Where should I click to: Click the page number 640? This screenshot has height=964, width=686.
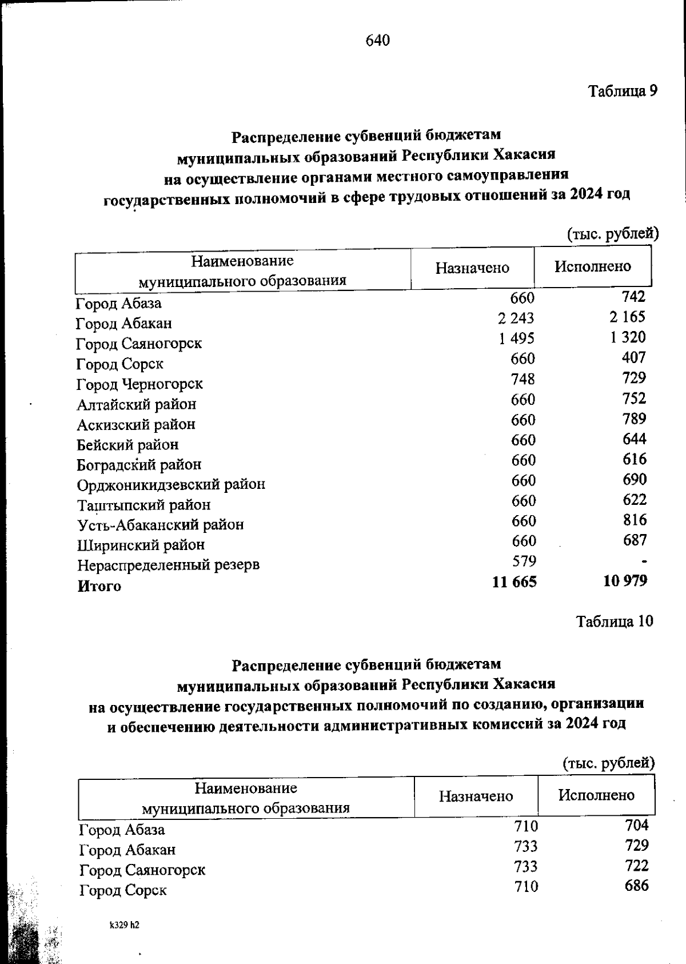377,40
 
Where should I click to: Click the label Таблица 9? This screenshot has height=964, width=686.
623,91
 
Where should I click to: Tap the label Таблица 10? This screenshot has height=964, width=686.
614,622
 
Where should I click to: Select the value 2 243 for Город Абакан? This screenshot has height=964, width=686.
516,318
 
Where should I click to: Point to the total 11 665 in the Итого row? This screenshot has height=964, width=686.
514,582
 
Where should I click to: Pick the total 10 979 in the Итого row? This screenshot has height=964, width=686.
625,581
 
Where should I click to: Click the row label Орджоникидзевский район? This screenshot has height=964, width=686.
171,485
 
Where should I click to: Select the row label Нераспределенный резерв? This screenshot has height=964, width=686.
169,565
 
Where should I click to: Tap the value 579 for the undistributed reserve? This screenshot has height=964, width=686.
524,561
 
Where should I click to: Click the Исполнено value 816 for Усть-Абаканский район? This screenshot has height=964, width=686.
635,520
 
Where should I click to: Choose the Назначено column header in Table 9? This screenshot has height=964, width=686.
472,268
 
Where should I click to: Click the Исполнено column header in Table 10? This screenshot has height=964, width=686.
596,795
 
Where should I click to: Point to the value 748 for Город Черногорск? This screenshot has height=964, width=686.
524,379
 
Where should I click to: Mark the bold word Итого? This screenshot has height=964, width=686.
99,586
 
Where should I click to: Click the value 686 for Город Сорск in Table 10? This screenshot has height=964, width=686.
637,886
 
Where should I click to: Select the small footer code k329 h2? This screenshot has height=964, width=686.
125,925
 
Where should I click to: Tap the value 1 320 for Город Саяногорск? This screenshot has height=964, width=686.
628,337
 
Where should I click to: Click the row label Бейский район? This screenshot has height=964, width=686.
127,445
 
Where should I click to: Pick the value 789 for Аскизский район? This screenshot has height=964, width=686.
635,419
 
